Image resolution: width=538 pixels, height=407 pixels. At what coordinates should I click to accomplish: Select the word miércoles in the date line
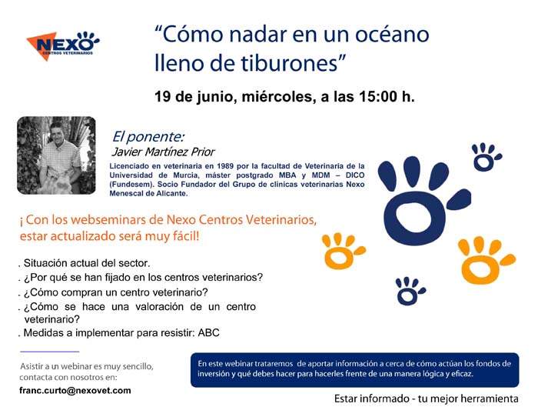click(x=278, y=96)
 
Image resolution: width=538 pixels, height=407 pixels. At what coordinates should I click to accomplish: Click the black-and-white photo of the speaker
click(x=56, y=155)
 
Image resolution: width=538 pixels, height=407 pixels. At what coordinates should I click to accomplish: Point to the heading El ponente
click(x=148, y=137)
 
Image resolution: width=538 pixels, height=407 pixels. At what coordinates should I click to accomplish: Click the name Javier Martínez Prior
click(x=163, y=152)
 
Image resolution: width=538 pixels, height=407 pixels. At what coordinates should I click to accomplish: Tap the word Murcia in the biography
click(x=185, y=175)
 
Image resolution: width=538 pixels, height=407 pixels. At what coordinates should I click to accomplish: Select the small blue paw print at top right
click(x=486, y=157)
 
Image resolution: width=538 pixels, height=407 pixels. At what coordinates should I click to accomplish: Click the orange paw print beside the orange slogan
click(x=343, y=251)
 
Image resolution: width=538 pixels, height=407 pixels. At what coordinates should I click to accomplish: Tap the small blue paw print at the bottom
click(x=410, y=291)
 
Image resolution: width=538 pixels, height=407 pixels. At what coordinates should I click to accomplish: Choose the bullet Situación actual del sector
click(x=86, y=263)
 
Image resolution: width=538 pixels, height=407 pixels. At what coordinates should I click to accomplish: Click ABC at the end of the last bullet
click(x=208, y=333)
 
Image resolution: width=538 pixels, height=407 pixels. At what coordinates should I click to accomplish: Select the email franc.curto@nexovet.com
click(x=75, y=391)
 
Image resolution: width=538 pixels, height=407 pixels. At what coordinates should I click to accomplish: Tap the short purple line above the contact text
click(x=50, y=352)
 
